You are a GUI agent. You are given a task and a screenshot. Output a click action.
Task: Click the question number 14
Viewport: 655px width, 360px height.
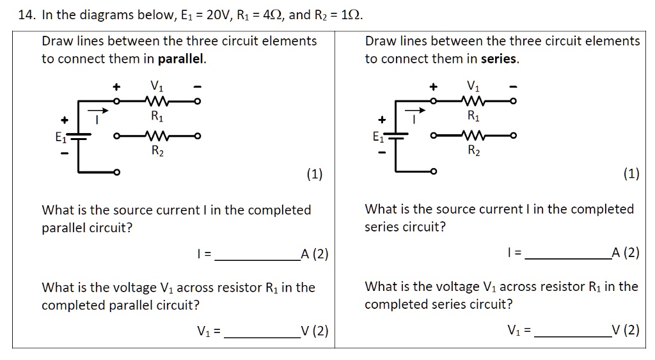coord(26,15)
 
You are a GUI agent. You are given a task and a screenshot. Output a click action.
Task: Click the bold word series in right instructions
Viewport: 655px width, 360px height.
coord(500,59)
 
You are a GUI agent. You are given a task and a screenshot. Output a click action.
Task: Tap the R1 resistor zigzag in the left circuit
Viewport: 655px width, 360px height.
coord(157,101)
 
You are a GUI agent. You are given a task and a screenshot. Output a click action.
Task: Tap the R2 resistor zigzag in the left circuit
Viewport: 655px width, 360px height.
coord(157,136)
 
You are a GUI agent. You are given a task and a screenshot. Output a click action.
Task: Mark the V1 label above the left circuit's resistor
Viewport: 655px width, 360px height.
coord(156,85)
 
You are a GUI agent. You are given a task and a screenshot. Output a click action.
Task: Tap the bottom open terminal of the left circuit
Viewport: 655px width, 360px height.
coord(116,172)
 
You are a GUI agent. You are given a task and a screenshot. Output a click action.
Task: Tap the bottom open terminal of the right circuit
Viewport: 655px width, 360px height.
coord(433,171)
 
